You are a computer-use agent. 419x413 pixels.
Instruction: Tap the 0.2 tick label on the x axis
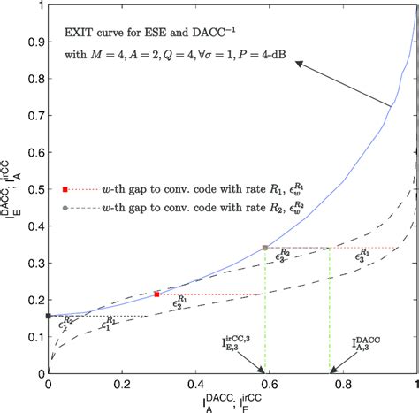pyautogui.click(x=120, y=386)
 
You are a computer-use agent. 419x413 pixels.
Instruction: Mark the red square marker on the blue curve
pyautogui.click(x=156, y=294)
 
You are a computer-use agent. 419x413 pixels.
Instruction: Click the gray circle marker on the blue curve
pyautogui.click(x=264, y=248)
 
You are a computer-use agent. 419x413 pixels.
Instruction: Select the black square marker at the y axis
pyautogui.click(x=48, y=316)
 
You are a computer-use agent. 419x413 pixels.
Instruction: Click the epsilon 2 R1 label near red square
pyautogui.click(x=180, y=302)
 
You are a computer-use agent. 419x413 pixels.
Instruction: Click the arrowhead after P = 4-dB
pyautogui.click(x=300, y=63)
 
